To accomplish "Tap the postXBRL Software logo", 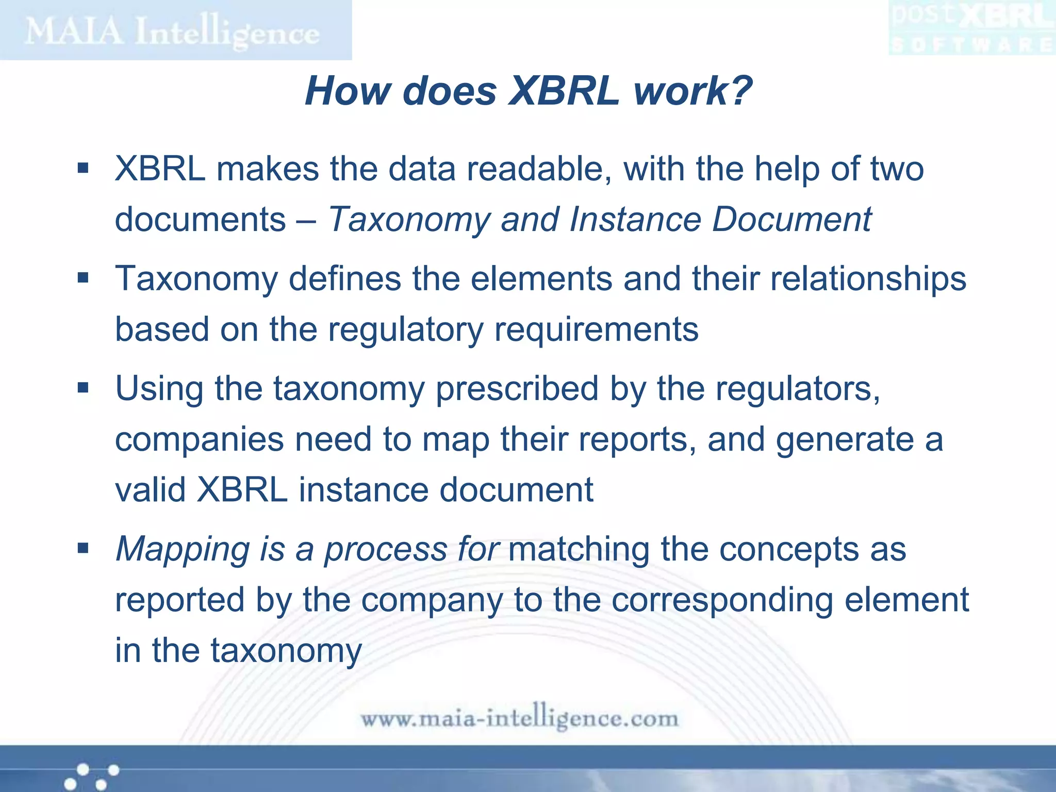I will [972, 28].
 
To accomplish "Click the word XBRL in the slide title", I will [564, 91].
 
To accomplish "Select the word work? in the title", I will [692, 91].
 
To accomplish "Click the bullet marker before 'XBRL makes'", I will [83, 168].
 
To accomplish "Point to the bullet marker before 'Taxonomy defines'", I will [83, 278].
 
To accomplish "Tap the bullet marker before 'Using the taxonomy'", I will [83, 387].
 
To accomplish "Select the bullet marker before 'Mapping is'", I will [83, 548].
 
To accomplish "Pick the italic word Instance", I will [635, 220].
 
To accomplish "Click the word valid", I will [150, 489].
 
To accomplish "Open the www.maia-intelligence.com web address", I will [519, 718].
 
